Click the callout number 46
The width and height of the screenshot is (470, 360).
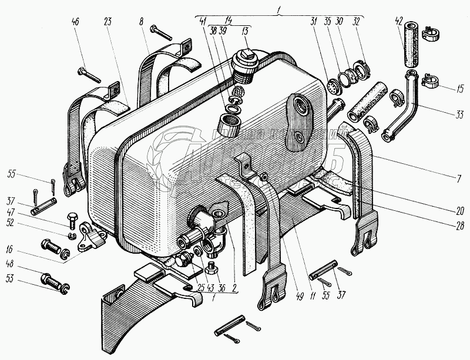[75, 22]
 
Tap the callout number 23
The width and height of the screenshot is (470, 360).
[107, 22]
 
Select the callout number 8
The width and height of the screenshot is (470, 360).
[142, 22]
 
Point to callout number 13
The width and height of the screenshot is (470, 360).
[245, 30]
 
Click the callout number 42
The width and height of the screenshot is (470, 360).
[399, 21]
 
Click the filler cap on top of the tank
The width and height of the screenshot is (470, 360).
[244, 59]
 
